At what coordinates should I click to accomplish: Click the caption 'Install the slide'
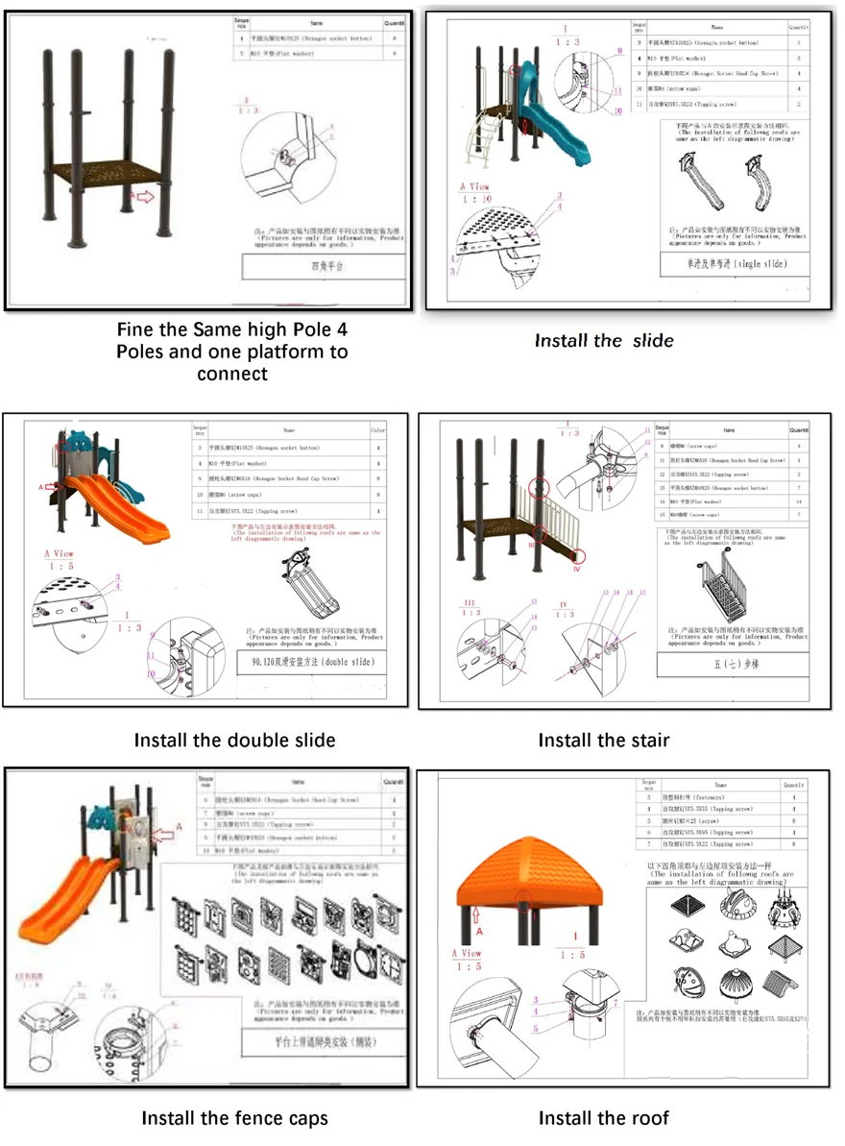(603, 340)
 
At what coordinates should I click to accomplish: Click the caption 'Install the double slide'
(234, 740)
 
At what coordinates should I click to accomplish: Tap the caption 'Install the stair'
(603, 740)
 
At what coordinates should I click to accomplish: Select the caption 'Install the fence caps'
(234, 1118)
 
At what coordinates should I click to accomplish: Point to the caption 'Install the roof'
(603, 1118)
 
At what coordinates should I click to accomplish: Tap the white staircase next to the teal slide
(482, 139)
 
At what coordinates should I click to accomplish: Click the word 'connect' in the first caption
(231, 373)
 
